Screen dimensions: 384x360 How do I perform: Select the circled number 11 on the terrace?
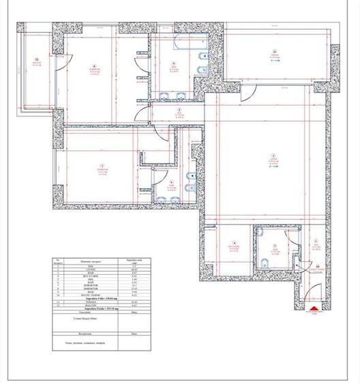tap(274, 51)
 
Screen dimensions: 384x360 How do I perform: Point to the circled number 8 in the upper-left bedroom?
tap(96, 65)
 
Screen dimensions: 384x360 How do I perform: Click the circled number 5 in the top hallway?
tap(179, 110)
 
